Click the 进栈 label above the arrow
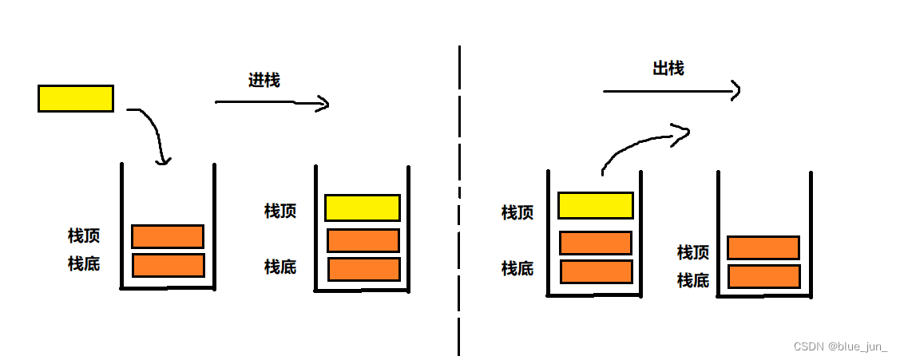click(x=264, y=80)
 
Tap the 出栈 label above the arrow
click(x=668, y=69)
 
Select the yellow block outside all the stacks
click(x=76, y=98)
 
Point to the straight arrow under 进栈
click(x=272, y=102)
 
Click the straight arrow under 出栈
click(x=671, y=91)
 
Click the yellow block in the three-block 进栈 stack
click(x=362, y=208)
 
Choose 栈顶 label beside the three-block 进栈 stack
click(x=280, y=211)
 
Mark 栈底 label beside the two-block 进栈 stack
click(x=84, y=263)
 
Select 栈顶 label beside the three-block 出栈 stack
click(x=517, y=212)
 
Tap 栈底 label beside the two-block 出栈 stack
click(x=692, y=280)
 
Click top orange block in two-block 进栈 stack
click(x=168, y=236)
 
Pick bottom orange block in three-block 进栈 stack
click(x=363, y=269)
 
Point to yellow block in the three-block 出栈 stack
click(x=595, y=205)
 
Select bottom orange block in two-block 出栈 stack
click(x=764, y=276)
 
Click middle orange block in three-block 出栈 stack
click(x=596, y=243)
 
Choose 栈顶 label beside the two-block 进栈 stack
click(x=84, y=236)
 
